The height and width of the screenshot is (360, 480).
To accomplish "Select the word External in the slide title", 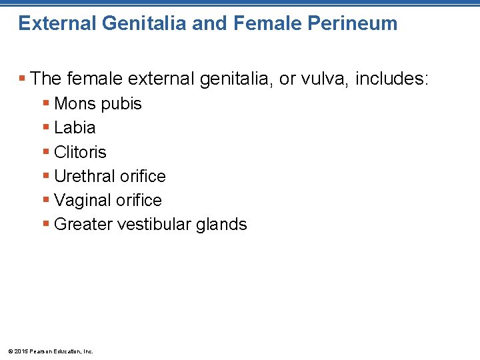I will (x=57, y=24).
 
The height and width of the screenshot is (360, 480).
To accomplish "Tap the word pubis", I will (x=121, y=104).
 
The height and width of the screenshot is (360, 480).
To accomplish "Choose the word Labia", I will (x=75, y=128).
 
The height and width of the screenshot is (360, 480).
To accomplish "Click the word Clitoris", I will (x=80, y=152).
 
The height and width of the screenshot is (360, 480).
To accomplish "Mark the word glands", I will (x=222, y=225).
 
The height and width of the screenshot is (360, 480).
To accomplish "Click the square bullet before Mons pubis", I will (x=46, y=104).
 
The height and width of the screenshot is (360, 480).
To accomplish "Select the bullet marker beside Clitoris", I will (x=46, y=152).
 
